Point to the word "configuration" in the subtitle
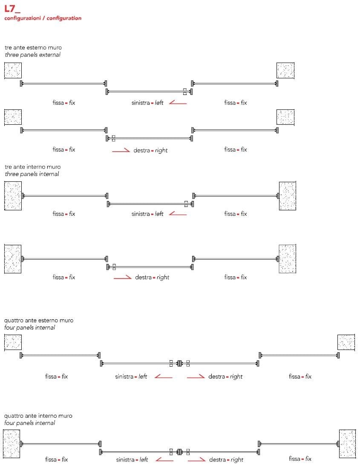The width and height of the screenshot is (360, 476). click(64, 18)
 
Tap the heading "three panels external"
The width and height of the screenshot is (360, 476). click(32, 55)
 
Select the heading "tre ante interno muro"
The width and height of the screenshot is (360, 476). click(32, 167)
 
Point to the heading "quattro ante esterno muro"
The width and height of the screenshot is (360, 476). click(38, 320)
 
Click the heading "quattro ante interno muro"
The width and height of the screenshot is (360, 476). click(38, 416)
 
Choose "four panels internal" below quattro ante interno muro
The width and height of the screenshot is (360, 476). click(30, 423)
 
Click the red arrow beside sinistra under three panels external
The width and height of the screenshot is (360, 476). click(178, 103)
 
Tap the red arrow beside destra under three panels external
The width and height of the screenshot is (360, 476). click(121, 150)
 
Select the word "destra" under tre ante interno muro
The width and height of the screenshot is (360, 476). click(144, 278)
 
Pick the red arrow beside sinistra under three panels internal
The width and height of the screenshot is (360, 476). click(178, 214)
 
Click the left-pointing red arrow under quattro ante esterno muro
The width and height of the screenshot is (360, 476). click(163, 377)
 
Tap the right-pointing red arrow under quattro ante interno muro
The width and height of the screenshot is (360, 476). click(196, 460)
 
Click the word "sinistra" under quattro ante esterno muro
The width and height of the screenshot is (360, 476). click(124, 377)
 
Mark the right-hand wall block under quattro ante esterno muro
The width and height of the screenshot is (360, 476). click(346, 343)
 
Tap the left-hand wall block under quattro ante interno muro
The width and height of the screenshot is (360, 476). click(12, 444)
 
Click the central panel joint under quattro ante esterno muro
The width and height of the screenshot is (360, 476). click(179, 363)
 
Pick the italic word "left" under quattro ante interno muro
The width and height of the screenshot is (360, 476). click(144, 460)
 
